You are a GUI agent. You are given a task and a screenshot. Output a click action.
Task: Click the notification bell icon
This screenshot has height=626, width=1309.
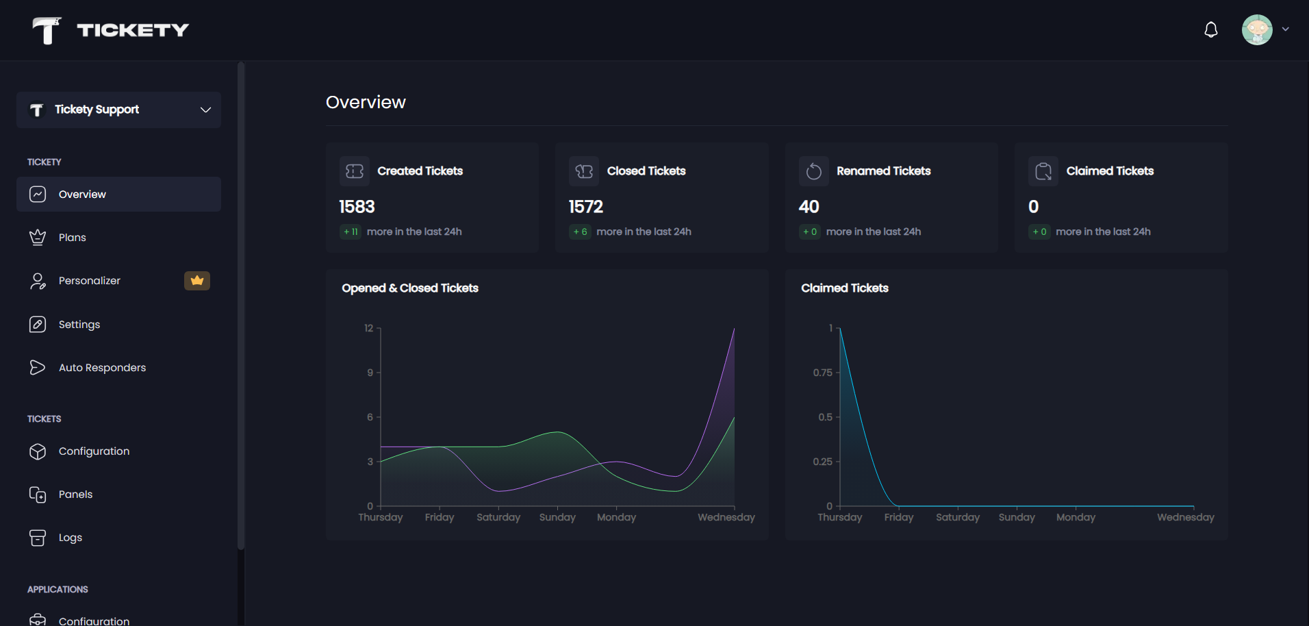point(1211,29)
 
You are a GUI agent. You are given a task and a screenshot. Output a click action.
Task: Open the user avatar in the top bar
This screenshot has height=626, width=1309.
point(1257,29)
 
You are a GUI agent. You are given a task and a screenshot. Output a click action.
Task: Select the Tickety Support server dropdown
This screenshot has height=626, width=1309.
point(118,110)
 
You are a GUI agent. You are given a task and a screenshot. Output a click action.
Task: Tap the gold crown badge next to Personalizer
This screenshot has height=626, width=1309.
point(197,281)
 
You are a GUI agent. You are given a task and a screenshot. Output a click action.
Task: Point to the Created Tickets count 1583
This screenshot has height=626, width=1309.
point(357,207)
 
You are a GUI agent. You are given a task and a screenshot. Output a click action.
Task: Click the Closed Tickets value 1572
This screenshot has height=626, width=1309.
point(586,207)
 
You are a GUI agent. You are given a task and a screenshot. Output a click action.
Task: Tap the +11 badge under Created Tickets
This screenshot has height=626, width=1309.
point(351,232)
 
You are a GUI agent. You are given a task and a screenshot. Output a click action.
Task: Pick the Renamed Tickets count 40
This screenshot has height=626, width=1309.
point(809,207)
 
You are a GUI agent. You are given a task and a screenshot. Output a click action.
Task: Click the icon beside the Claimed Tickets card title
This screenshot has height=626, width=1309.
point(1043,171)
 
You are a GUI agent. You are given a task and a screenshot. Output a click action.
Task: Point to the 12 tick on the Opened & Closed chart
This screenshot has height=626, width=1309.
point(369,328)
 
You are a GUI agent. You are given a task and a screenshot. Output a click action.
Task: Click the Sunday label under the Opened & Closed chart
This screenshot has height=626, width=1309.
point(557,517)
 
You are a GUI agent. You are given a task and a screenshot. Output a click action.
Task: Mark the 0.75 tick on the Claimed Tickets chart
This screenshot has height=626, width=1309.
point(823,373)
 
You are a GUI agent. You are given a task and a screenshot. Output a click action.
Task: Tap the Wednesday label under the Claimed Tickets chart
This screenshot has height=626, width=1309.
point(1186,517)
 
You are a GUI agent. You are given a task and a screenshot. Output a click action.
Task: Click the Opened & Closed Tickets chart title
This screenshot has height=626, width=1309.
point(410,288)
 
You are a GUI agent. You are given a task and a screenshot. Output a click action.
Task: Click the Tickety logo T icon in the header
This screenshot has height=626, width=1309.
point(47,30)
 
